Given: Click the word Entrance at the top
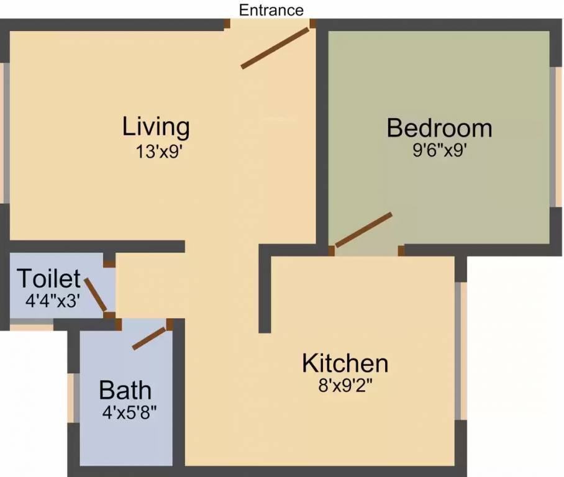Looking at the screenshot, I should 271,10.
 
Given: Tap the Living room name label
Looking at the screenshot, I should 156,126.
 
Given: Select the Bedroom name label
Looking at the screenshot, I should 439,128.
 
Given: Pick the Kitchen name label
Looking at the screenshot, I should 345,363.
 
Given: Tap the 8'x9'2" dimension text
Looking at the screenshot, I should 345,385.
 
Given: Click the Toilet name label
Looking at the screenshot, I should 48,278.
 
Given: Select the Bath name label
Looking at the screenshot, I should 125,391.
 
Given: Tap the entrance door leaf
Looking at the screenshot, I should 275,48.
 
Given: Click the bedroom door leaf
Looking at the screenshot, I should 363,230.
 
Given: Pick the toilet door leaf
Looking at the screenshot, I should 96,295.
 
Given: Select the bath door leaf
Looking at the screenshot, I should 150,338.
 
